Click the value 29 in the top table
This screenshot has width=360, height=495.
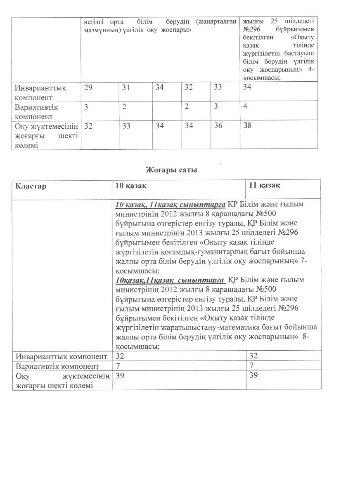coord(88,87)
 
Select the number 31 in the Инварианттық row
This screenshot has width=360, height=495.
coord(126,87)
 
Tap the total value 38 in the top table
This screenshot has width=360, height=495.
coord(247,125)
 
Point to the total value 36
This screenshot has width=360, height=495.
coord(218,125)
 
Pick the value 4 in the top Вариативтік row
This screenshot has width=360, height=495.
coord(245,106)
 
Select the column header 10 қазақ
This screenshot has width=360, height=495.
coord(132,186)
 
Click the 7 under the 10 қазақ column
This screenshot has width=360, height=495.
coord(118,366)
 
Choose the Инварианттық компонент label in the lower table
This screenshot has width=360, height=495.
coord(61,356)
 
